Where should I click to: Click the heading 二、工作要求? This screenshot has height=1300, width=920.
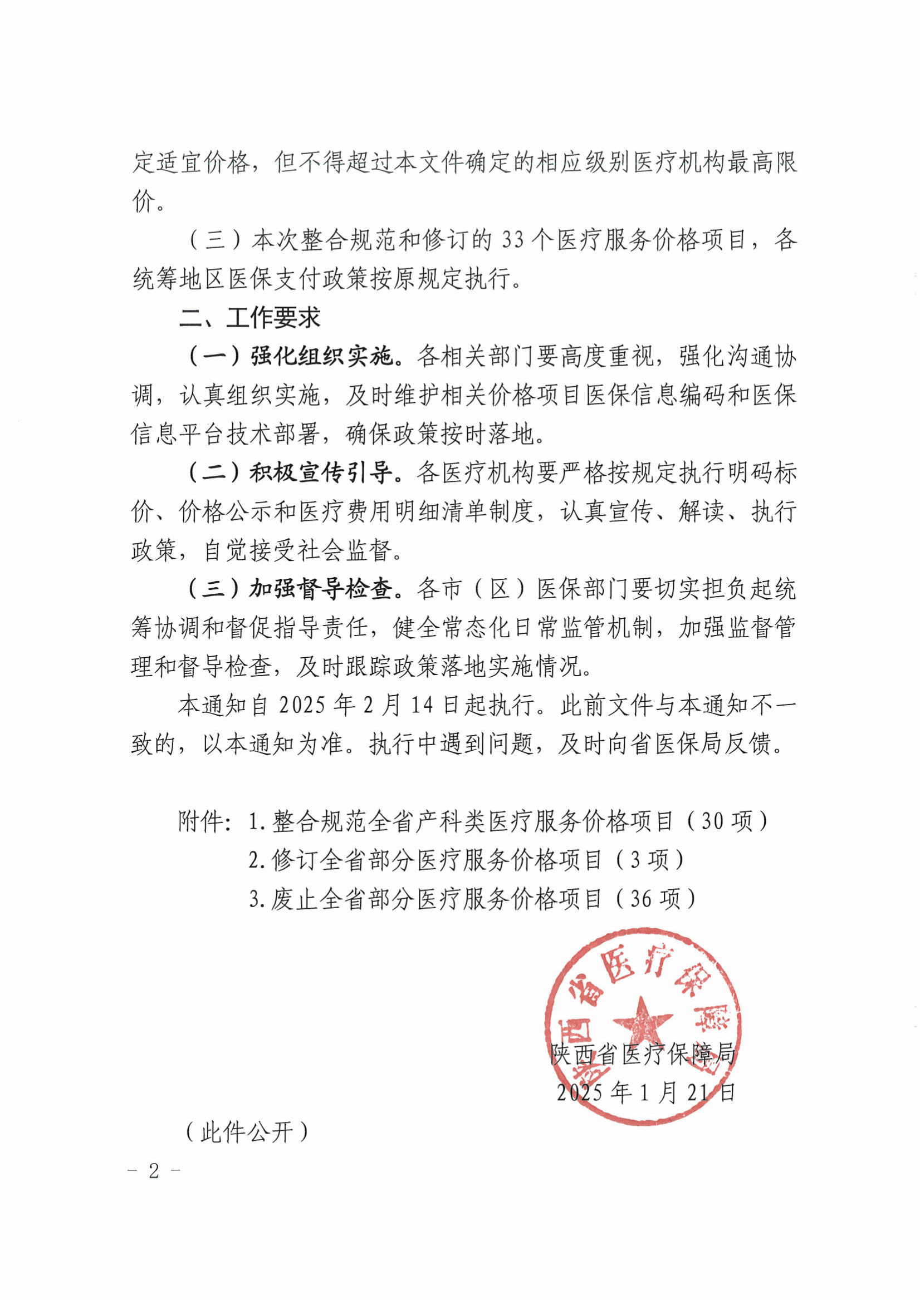(250, 318)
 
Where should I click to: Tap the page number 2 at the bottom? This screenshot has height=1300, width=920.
(154, 1171)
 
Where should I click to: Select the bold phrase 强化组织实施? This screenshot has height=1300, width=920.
(321, 357)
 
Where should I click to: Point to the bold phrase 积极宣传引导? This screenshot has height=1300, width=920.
(321, 473)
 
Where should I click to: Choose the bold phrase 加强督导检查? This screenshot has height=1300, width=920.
(321, 589)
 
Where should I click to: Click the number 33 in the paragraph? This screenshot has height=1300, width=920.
(513, 240)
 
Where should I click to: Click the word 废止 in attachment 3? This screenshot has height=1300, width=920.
(295, 899)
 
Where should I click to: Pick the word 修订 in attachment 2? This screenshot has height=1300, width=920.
(295, 860)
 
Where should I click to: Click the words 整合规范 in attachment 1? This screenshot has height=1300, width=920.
(319, 821)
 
